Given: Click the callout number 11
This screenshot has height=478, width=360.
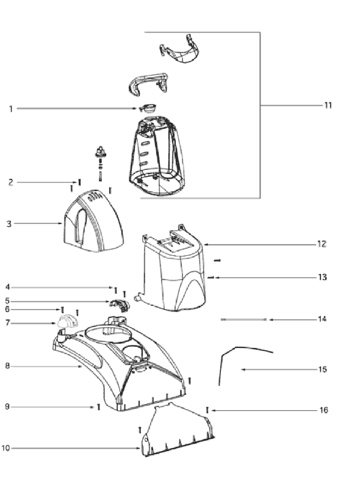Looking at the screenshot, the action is pos(328,106).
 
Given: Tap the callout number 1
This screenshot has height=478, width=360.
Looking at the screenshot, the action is pos(11,109).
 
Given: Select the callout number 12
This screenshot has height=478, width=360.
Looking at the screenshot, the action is pos(322,244).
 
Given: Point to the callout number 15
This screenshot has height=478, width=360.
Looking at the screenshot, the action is pos(322,369).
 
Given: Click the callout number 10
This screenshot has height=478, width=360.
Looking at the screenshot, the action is pos(5,448).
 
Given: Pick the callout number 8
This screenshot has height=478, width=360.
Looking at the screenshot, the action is pos(7,366).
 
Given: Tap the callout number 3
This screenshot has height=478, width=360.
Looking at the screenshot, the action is pos(9,224).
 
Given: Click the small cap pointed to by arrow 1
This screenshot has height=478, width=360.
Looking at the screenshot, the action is pos(148,108).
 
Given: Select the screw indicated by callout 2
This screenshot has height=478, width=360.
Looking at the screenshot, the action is pos(79,183).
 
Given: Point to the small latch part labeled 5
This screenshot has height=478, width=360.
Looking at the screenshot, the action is pos(120,305).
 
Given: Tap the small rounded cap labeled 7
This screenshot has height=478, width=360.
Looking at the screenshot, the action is pos(67,322).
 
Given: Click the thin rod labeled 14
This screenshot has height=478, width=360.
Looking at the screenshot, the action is pos(243,319).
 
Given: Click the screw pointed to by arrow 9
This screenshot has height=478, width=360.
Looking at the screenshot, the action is pos(98,407).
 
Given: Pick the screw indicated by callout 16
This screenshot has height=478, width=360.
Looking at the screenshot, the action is pos(207,410).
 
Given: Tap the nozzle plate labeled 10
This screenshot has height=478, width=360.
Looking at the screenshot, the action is pos(178,429).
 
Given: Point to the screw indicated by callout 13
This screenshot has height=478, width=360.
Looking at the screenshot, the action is pos(211,277).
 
